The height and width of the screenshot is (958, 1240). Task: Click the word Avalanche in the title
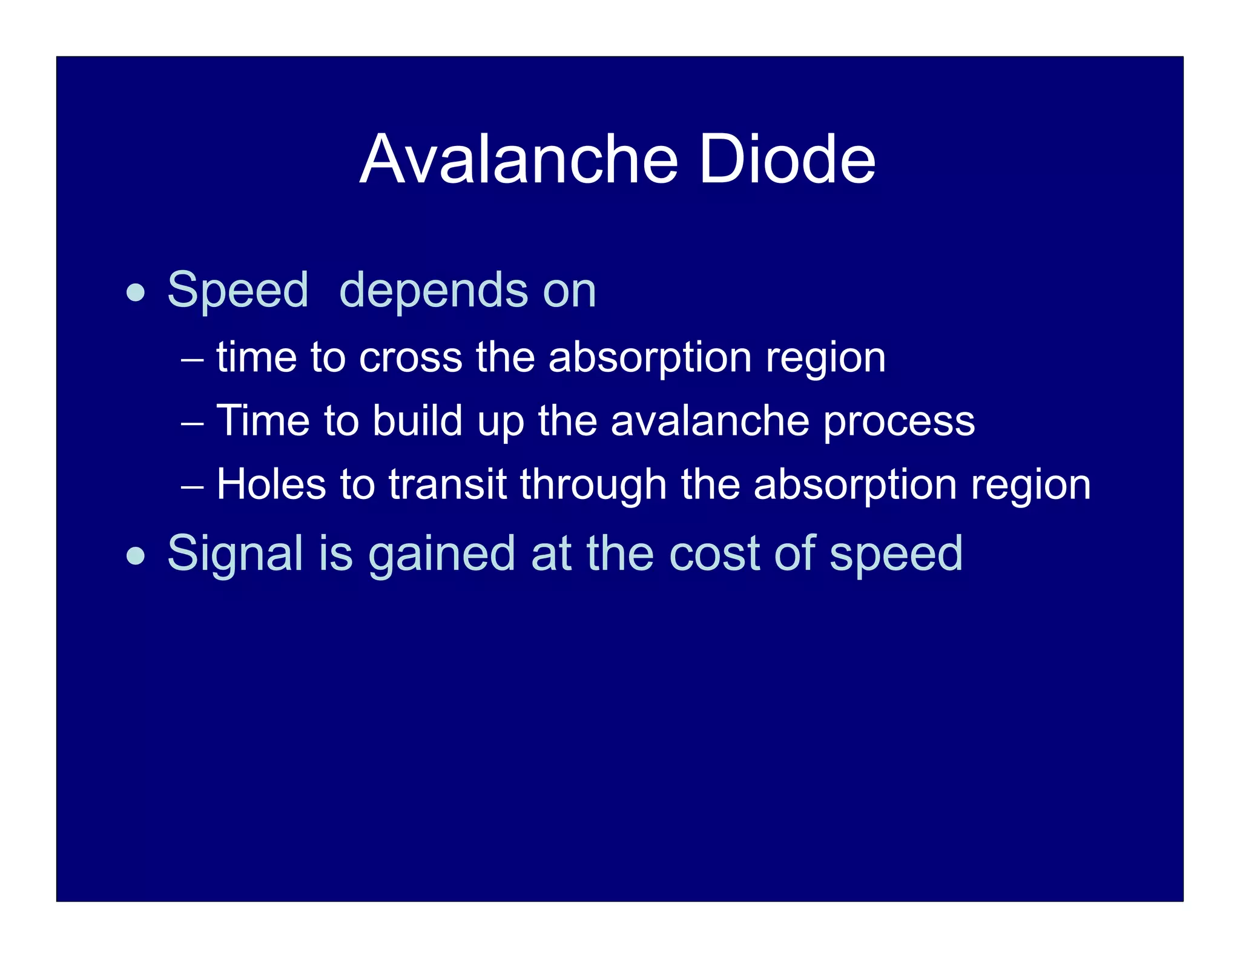coord(519,159)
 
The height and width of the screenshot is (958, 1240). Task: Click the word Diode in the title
coord(787,159)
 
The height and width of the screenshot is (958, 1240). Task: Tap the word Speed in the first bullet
coord(237,291)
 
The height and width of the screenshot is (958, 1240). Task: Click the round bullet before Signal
coord(136,556)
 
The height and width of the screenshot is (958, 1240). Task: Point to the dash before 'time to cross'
coord(193,359)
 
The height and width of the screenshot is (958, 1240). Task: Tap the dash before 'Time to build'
coord(193,423)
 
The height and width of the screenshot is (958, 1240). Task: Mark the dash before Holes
coord(193,486)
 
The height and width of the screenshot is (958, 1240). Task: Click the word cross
coord(411,358)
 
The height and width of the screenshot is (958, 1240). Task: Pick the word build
coord(417,420)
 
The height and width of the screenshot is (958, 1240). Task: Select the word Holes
coord(271,484)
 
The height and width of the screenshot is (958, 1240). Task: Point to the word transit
coord(447,484)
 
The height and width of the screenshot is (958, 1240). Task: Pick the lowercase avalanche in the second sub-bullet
coord(710,420)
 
